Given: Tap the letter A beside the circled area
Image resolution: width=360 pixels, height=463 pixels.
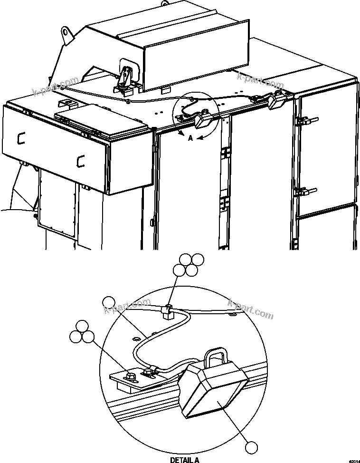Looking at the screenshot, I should (x=190, y=138).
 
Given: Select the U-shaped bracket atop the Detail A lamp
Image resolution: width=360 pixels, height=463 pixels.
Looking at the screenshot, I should (x=215, y=357).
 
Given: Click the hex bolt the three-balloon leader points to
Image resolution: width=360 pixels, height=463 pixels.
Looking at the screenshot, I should (x=131, y=377).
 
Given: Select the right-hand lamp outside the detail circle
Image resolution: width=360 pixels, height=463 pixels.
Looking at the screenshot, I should (x=276, y=100).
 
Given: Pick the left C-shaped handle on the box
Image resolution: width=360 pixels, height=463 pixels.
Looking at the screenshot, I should (x=20, y=138).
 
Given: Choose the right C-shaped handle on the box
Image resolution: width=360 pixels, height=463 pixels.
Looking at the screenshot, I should (x=80, y=161).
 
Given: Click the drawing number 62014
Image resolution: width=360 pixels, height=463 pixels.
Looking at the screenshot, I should (x=353, y=461).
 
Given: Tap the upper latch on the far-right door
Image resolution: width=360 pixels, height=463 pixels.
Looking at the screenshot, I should (x=303, y=121).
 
